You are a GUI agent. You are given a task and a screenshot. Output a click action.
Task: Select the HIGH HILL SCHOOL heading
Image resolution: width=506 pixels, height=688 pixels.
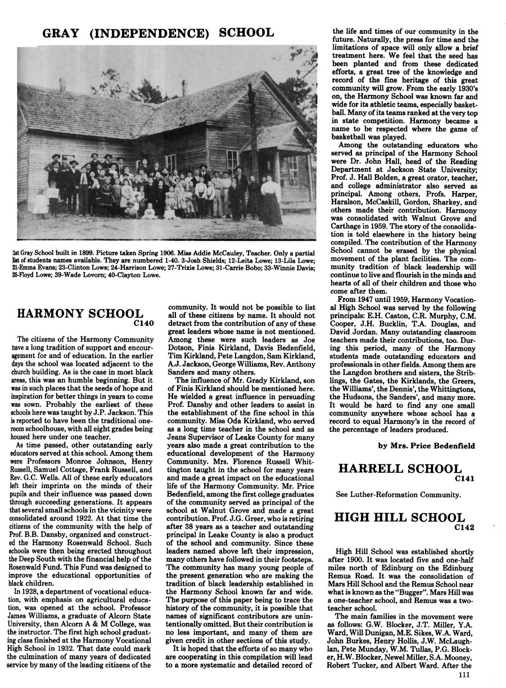(400, 518)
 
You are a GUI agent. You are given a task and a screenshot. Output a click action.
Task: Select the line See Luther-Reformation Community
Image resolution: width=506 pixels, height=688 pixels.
(398, 495)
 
